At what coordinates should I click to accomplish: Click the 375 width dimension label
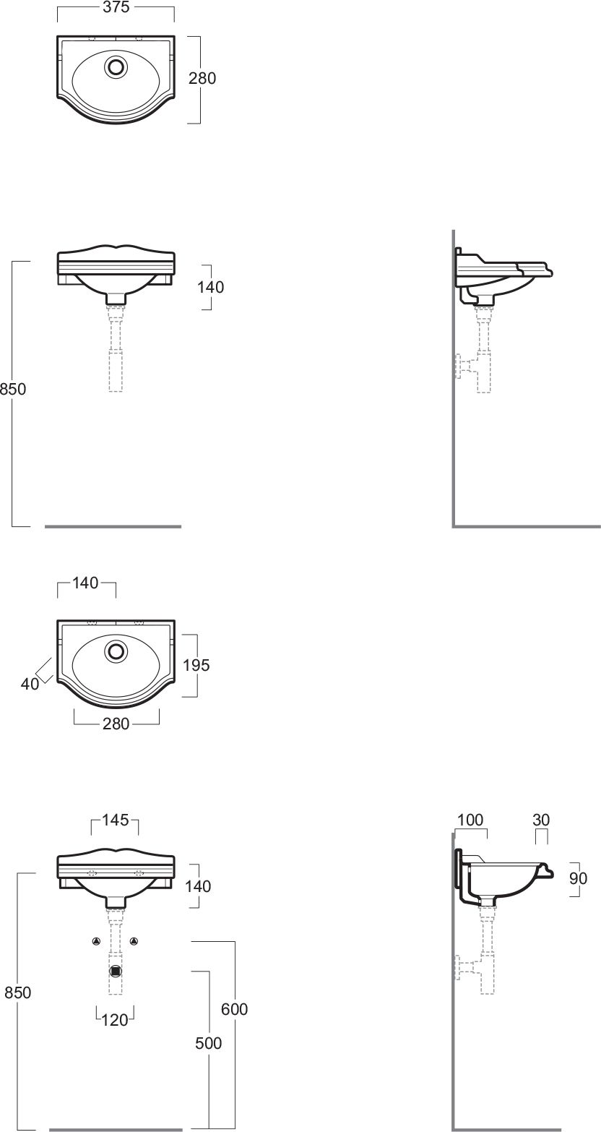116,8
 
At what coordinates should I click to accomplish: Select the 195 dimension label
196,665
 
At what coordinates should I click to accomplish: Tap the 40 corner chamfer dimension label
30,683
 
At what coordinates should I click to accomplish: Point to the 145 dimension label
115,820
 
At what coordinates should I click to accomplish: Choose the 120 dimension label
115,1020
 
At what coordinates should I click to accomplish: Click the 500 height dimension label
209,1043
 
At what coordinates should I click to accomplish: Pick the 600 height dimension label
235,1009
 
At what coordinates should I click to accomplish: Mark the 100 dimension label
470,820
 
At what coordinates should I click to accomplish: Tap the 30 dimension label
541,820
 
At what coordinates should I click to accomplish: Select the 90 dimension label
579,878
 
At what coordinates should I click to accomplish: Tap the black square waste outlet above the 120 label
115,971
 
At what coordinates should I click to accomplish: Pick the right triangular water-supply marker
134,941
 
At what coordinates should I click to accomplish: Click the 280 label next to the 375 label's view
202,79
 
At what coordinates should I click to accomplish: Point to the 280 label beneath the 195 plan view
116,724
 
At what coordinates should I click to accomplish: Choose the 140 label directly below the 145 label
197,886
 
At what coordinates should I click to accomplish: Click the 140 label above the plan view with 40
86,583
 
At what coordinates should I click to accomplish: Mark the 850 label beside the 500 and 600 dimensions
17,992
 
